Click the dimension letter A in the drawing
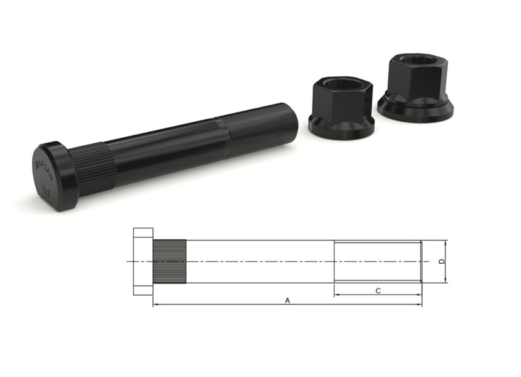tap(287, 300)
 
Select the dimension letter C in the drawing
tap(378, 290)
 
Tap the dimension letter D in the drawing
tap(442, 262)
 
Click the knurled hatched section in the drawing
tap(170, 261)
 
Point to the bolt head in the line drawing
tap(143, 261)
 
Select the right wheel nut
tap(415, 86)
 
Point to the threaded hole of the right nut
tap(418, 60)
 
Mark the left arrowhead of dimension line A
tap(155, 304)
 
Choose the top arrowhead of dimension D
tap(447, 242)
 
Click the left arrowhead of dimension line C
tap(337, 295)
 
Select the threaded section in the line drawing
tap(377, 261)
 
